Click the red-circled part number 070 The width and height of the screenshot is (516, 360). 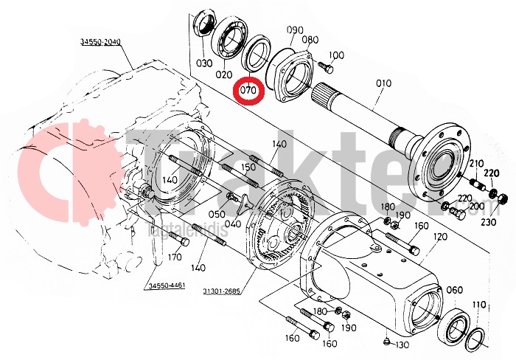(x=248, y=91)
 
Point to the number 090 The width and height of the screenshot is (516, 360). (x=295, y=30)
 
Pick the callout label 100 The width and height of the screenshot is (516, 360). (x=336, y=55)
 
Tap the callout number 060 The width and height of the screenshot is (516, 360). (x=456, y=290)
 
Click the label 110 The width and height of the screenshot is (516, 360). (x=479, y=305)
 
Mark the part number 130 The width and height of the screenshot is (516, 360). (x=402, y=345)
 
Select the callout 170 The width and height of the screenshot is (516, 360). (x=174, y=257)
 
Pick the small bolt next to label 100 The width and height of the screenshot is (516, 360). (x=324, y=68)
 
